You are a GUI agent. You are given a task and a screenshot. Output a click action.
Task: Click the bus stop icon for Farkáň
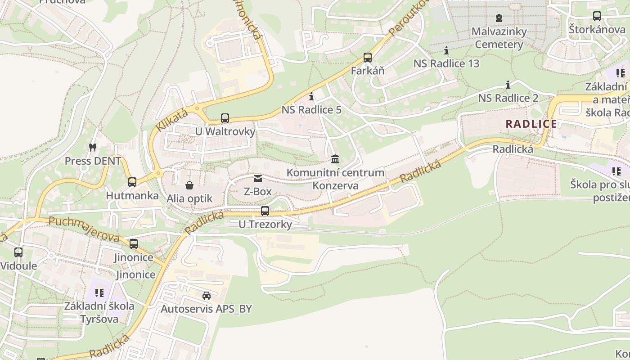[x=368, y=58]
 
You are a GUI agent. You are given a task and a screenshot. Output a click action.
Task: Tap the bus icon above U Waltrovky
[x=225, y=118]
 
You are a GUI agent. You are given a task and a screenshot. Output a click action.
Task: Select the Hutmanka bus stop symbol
[x=132, y=182]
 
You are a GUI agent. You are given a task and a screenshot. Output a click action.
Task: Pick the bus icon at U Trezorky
[x=265, y=211]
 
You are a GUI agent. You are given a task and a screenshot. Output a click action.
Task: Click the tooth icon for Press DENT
[x=93, y=147]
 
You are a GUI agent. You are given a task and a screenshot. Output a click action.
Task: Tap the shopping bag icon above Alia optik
[x=189, y=185]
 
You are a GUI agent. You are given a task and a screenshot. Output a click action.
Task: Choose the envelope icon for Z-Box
[x=257, y=179]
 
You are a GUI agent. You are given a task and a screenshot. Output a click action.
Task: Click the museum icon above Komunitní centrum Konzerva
[x=335, y=159]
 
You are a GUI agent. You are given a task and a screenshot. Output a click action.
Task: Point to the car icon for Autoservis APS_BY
[x=207, y=296]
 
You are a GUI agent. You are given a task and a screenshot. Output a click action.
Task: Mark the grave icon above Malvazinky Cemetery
[x=499, y=18]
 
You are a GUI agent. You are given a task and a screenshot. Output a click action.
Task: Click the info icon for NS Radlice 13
[x=446, y=50]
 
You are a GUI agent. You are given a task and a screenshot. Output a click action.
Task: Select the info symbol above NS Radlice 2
[x=508, y=85]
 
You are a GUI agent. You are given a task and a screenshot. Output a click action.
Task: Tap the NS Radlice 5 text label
[x=311, y=110]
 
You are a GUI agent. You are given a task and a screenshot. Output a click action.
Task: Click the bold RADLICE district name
[x=531, y=124]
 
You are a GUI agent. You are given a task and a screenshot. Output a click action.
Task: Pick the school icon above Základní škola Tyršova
[x=99, y=293]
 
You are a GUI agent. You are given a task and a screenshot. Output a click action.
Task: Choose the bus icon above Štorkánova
[x=597, y=16]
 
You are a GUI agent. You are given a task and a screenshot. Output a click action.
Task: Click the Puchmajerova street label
[x=84, y=229]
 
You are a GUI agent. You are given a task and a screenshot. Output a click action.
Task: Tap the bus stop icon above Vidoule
[x=18, y=252]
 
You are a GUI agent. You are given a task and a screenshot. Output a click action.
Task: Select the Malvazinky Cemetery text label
[x=499, y=38]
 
